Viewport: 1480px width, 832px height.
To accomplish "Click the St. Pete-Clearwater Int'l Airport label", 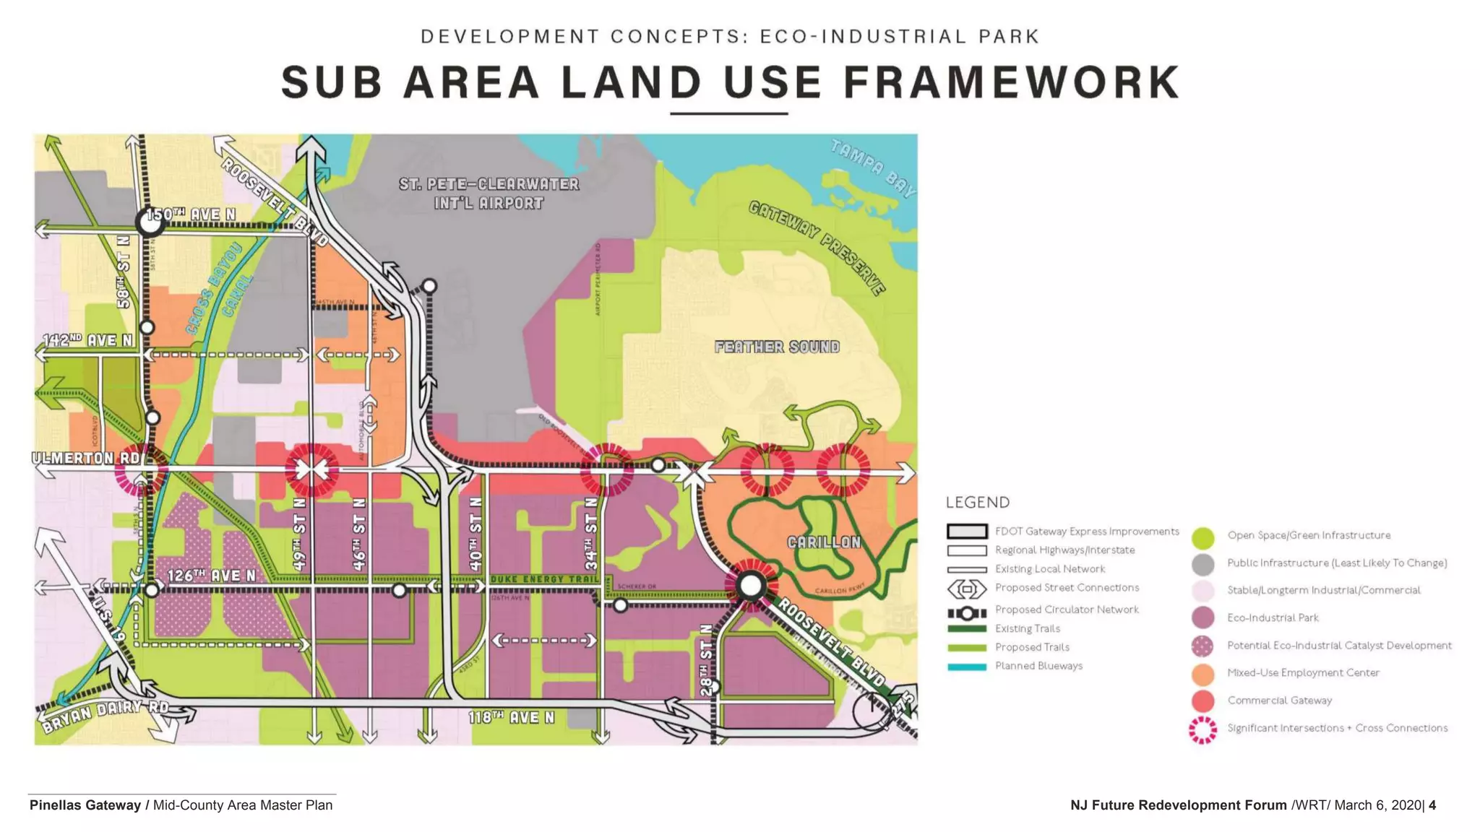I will click(x=489, y=194).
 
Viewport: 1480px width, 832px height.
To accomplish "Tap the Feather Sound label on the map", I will click(x=777, y=347).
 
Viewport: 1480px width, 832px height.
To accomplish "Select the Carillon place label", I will click(x=824, y=542).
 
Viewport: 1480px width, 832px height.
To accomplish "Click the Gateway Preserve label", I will click(x=817, y=248).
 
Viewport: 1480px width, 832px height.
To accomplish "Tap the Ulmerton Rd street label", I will click(x=87, y=458).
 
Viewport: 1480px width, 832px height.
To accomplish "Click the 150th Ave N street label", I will click(x=192, y=214).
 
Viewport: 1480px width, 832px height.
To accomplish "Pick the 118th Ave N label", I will click(x=511, y=717).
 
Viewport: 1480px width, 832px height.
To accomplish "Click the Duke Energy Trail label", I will click(x=544, y=579).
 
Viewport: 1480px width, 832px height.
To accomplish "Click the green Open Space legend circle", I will click(x=1202, y=536).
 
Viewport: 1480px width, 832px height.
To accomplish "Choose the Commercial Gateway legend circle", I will click(x=1202, y=701).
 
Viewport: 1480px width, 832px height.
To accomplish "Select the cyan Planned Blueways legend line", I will click(x=966, y=667).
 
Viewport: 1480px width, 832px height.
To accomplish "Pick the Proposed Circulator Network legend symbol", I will click(x=966, y=613).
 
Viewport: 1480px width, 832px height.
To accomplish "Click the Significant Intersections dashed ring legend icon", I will click(x=1202, y=729).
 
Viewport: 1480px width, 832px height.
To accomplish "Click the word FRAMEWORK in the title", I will click(x=1011, y=82).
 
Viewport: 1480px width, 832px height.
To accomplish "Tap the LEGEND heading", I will click(x=977, y=503).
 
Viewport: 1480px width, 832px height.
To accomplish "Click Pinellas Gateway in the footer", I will click(x=85, y=805).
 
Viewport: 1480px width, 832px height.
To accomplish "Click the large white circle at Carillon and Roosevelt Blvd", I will click(x=751, y=586).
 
